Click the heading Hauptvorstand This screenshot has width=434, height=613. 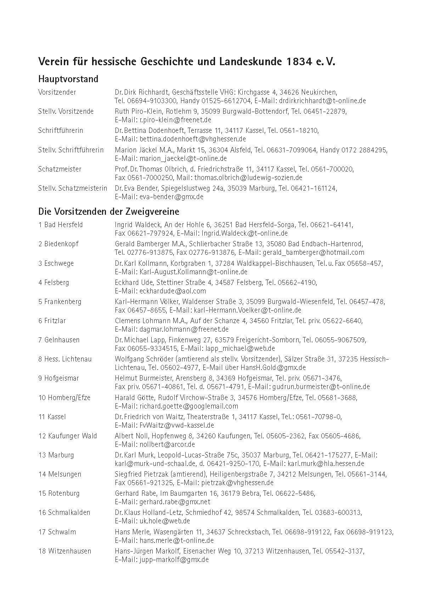point(68,79)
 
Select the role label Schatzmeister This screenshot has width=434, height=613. point(60,169)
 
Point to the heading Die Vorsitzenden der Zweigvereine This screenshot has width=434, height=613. point(108,212)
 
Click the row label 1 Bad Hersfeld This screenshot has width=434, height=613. point(61,225)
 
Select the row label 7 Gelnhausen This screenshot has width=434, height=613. point(59,340)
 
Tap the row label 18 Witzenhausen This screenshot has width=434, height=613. point(65,551)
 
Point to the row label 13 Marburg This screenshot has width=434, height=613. point(56,455)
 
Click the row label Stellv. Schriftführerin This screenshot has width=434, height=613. point(71,150)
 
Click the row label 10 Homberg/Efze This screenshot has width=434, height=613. point(64,398)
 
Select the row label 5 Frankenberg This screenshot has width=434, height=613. point(60,302)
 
